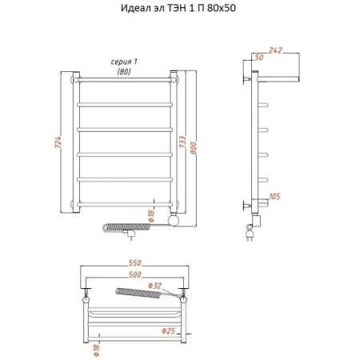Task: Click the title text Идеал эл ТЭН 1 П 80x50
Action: tap(178, 8)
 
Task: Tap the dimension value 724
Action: tap(58, 142)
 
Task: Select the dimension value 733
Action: tap(182, 142)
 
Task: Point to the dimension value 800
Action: tap(194, 148)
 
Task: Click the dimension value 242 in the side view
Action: tap(275, 50)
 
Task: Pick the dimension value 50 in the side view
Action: tap(259, 58)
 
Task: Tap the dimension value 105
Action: tap(274, 197)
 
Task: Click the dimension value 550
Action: tap(135, 263)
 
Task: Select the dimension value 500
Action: tap(135, 274)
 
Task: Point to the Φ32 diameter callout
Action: tap(154, 286)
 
